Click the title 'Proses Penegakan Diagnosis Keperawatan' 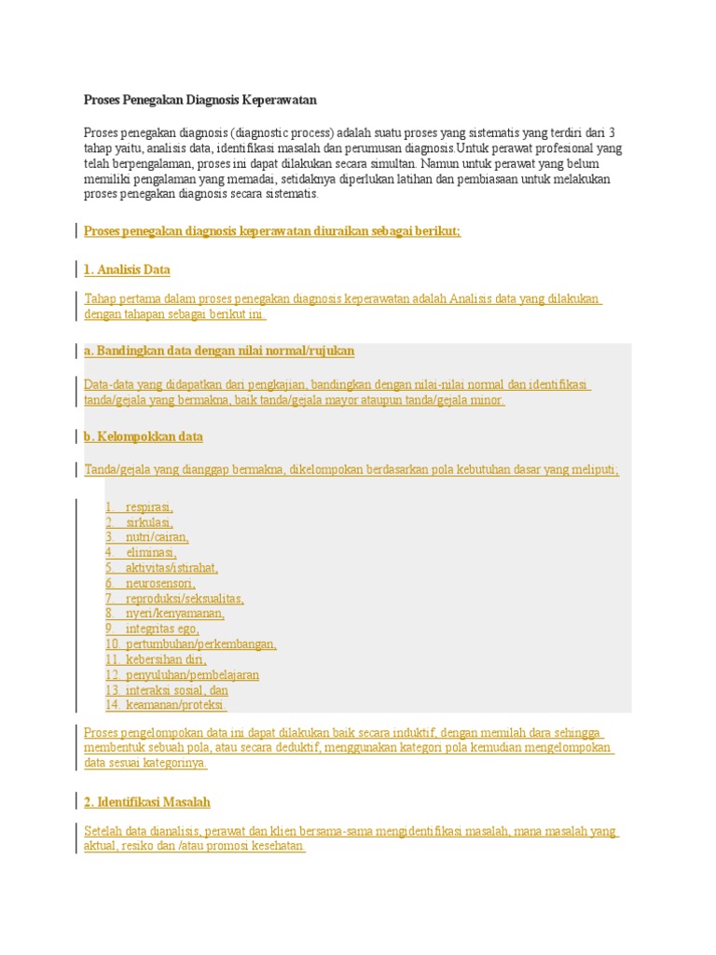(200, 99)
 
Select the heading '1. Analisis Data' (127, 270)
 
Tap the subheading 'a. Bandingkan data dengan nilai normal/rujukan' (219, 351)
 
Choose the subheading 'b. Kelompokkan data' (144, 436)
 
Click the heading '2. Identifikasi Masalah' (147, 802)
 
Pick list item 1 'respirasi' (149, 507)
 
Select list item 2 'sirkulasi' (149, 522)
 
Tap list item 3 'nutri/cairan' (157, 537)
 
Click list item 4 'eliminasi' (151, 553)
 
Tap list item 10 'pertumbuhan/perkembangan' (200, 644)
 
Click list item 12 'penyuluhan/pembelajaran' (192, 674)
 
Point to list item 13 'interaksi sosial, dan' (176, 690)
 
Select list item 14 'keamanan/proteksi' (176, 705)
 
